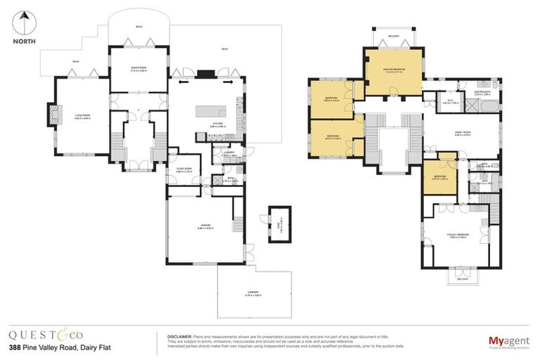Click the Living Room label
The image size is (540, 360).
click(x=82, y=117)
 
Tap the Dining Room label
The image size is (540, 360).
click(x=138, y=68)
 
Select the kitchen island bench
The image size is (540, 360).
click(x=209, y=112)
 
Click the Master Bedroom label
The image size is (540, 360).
click(x=394, y=69)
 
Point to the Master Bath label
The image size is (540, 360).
click(x=482, y=92)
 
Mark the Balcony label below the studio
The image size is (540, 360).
click(x=462, y=278)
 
